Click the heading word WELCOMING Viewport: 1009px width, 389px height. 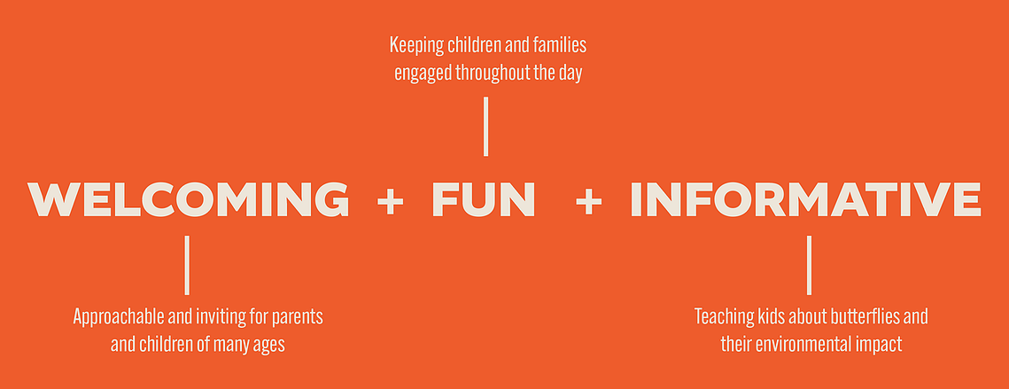pyautogui.click(x=188, y=199)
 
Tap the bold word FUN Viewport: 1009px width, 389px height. pyautogui.click(x=484, y=199)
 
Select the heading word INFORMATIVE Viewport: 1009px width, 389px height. pyautogui.click(x=805, y=199)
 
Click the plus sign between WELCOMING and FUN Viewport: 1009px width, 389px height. pyautogui.click(x=390, y=201)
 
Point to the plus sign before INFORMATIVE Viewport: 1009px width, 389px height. pyautogui.click(x=589, y=201)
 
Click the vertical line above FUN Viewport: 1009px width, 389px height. pyautogui.click(x=485, y=126)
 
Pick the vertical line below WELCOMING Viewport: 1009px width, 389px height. pyautogui.click(x=187, y=265)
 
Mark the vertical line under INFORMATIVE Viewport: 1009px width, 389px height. pyautogui.click(x=809, y=265)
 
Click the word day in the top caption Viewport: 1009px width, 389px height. pyautogui.click(x=570, y=74)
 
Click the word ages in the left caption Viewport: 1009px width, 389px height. pyautogui.click(x=269, y=346)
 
